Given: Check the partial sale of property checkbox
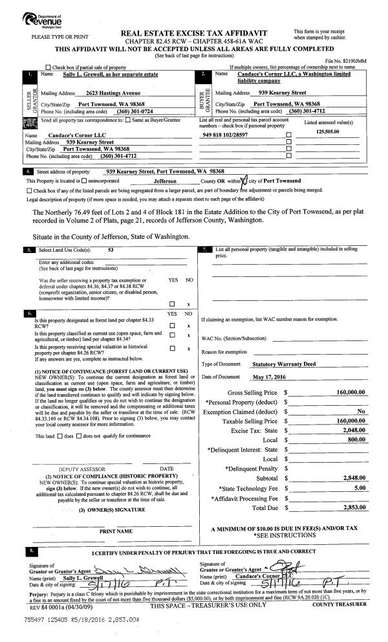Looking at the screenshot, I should [x=49, y=67].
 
